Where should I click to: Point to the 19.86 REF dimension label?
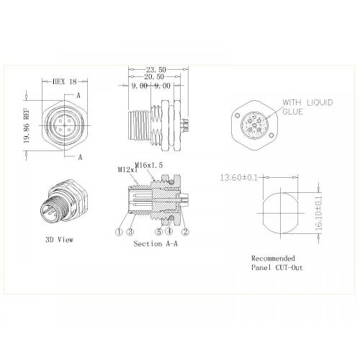coord(27,125)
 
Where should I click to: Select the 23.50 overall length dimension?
coord(156,70)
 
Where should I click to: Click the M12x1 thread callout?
coord(127,170)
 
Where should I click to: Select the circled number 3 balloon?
coord(130,232)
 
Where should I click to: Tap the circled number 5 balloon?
coord(158,232)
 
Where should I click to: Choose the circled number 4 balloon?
coord(168,232)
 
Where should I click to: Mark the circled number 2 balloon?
coord(185,232)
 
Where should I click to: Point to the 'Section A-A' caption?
coord(156,244)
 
